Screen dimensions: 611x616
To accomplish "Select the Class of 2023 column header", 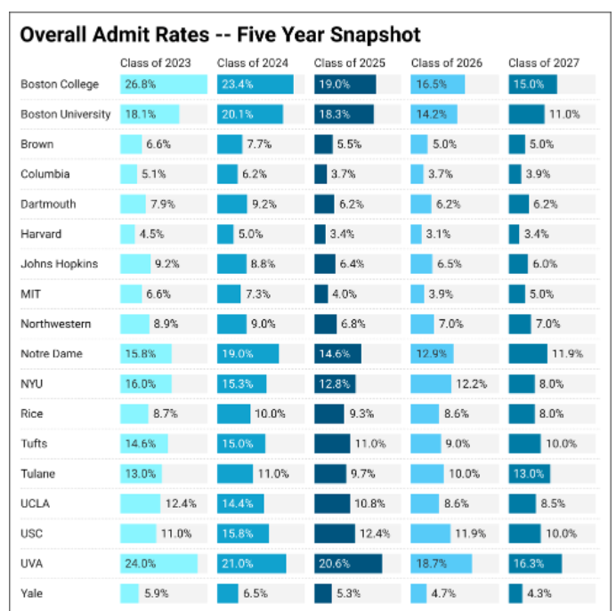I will point(157,63).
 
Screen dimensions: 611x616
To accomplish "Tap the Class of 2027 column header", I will point(543,63).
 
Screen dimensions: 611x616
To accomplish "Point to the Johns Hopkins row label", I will point(60,264).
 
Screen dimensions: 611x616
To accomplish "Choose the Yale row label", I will point(34,593).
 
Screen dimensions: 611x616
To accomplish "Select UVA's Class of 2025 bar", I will point(347,563).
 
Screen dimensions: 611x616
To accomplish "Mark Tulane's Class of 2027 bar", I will point(529,473).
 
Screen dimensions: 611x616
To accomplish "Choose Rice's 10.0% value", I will point(271,414).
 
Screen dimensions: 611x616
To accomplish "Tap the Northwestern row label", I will point(56,324).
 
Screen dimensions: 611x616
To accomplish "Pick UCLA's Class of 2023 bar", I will point(140,503).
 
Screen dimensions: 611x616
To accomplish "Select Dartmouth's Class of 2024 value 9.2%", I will point(266,204).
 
